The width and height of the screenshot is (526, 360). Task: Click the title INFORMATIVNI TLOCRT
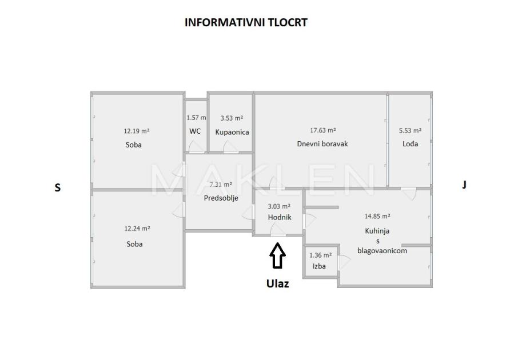[x=246, y=23]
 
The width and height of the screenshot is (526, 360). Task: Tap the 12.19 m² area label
[x=137, y=131]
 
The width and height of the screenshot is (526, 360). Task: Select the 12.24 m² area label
[x=137, y=229]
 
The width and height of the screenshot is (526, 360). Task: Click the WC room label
[x=195, y=131]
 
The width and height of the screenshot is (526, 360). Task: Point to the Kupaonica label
[x=232, y=132]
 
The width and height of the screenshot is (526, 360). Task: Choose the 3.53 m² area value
[x=232, y=118]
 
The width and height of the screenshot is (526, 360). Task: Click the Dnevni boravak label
[x=322, y=144]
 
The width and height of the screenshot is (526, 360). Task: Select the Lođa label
[x=410, y=144]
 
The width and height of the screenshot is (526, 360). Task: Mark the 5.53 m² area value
[x=410, y=131]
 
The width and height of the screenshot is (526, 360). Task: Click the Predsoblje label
[x=221, y=198]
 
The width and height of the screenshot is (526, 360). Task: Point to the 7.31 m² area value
[x=221, y=185]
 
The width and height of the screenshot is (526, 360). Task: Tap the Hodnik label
[x=280, y=218]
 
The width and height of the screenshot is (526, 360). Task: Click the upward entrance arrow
[x=278, y=255]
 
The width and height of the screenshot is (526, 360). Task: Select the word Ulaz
[x=278, y=283]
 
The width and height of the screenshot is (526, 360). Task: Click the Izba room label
[x=319, y=266]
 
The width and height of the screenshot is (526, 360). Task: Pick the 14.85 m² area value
[x=377, y=217]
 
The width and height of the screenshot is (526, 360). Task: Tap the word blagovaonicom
[x=382, y=250]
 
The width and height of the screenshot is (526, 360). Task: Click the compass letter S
[x=57, y=187]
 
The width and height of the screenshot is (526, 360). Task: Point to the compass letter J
[x=464, y=185]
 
